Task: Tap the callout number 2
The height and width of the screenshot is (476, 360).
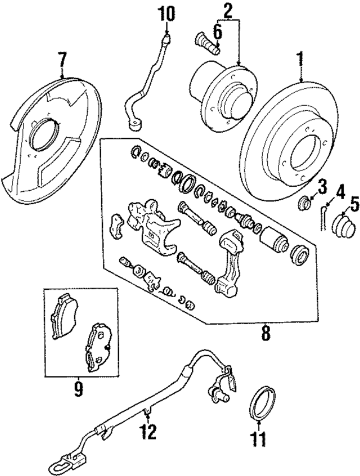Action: (x=228, y=10)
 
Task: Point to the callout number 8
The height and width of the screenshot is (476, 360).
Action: (x=265, y=334)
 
